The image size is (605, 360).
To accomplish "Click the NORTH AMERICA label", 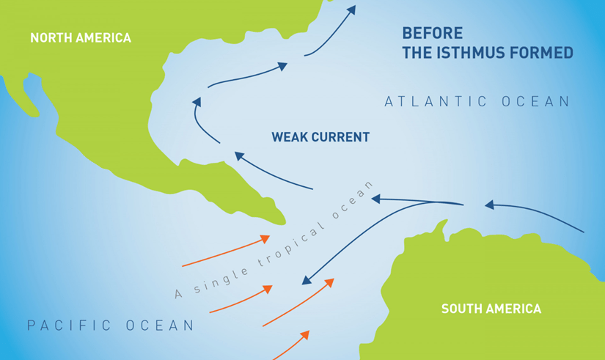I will (x=80, y=37).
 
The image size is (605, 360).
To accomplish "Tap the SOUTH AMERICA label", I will (x=491, y=309).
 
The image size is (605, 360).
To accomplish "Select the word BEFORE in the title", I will (x=433, y=33).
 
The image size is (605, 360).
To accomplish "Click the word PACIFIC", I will (x=67, y=325).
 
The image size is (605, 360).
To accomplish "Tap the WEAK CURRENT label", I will (x=320, y=137).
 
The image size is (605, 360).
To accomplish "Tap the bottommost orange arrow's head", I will (x=304, y=334).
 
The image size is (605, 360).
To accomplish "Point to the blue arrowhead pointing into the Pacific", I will (x=307, y=281).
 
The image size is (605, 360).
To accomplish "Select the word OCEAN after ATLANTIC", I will (x=535, y=102).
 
